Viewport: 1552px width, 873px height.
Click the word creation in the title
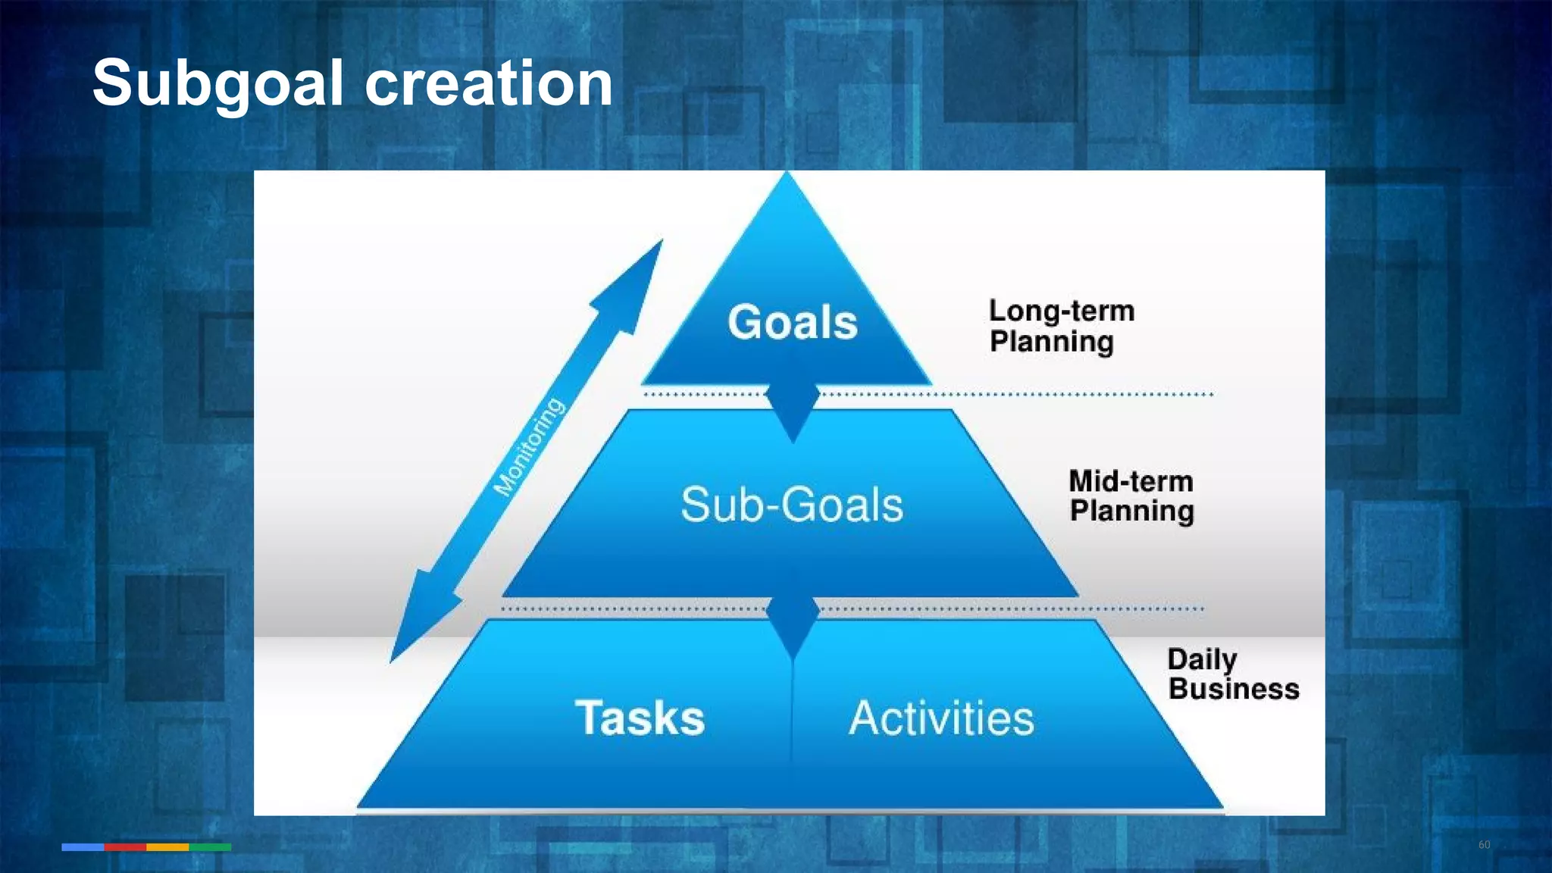[489, 83]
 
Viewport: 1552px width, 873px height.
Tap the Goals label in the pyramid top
[793, 322]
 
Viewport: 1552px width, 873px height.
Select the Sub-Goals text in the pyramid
[792, 505]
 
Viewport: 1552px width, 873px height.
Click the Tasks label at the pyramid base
[640, 718]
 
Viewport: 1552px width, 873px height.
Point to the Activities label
[941, 718]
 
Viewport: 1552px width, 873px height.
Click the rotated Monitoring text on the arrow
[529, 447]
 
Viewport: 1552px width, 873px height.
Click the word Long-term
[1061, 311]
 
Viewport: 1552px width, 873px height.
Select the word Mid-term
[1131, 481]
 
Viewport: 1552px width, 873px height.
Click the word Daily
[1202, 659]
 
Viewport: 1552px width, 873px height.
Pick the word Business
[1234, 689]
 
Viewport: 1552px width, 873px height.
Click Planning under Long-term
[1052, 342]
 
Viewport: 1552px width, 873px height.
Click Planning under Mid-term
[1131, 512]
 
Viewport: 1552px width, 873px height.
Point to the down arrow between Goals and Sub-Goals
[793, 413]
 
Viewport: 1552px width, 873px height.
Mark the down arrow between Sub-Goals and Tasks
[793, 627]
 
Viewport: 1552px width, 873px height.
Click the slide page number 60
[1484, 845]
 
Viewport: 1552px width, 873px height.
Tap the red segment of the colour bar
[125, 847]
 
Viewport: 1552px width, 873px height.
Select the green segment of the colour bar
[210, 847]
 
